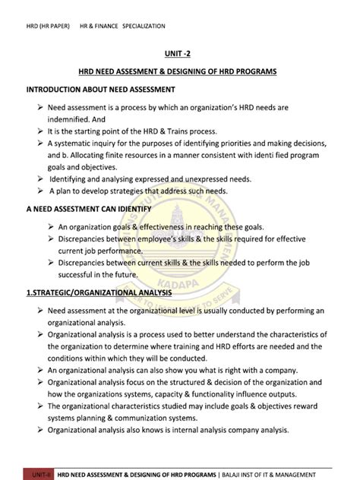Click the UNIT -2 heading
click(x=179, y=54)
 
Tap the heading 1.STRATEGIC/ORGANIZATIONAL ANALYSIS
click(x=99, y=292)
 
